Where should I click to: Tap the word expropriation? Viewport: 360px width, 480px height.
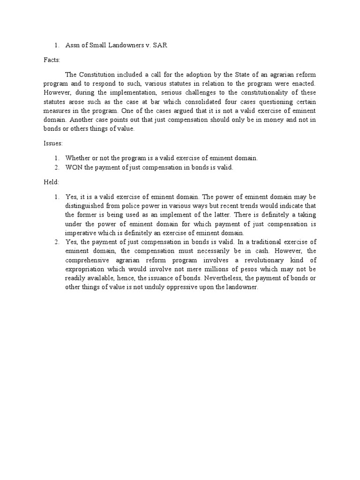(85, 270)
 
